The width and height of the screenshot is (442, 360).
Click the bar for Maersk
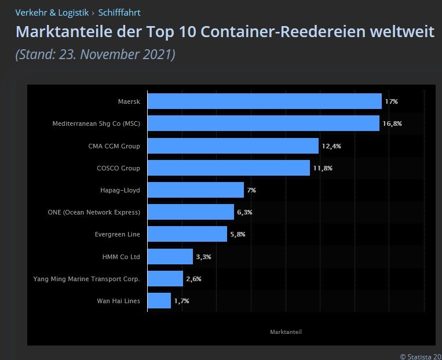point(265,101)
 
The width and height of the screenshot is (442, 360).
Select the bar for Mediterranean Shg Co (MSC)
point(264,123)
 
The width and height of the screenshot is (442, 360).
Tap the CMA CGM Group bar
point(233,146)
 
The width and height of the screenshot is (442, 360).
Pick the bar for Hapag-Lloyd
point(196,190)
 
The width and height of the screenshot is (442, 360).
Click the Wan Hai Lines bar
point(159,301)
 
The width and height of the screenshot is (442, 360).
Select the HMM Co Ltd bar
point(170,256)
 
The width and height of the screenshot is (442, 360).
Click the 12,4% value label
point(331,146)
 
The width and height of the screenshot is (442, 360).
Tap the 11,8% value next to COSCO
point(323,168)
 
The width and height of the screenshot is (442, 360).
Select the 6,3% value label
point(244,212)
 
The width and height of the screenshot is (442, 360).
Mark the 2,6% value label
point(193,279)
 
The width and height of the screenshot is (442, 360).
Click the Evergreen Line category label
point(117,234)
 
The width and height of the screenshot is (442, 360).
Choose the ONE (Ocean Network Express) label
point(94,212)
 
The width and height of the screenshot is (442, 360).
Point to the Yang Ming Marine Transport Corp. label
point(87,279)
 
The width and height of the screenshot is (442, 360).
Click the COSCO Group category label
point(118,168)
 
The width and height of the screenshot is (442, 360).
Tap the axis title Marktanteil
point(286,332)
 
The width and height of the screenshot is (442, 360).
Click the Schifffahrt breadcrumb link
point(119,12)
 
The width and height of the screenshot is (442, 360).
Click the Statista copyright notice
point(421,356)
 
